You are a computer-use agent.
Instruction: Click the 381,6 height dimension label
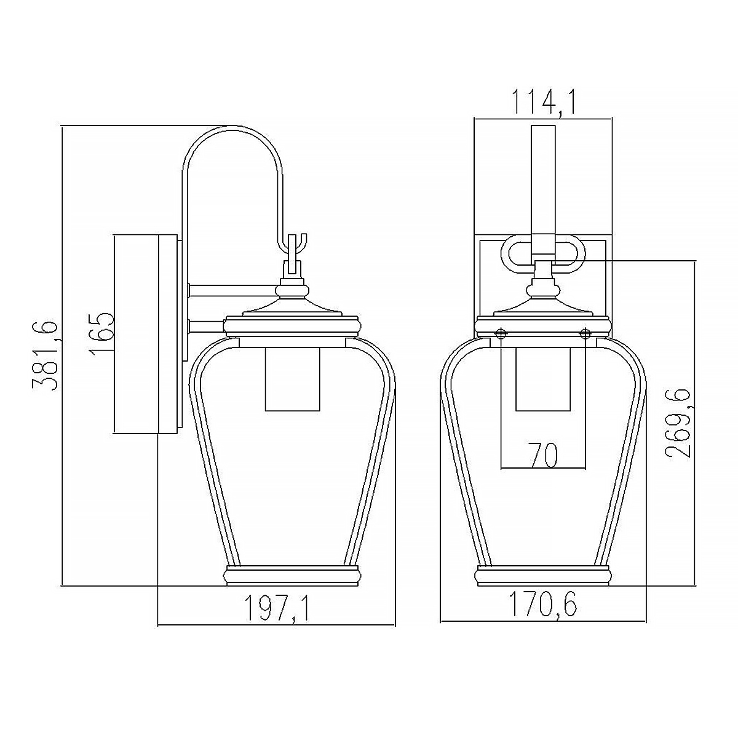tap(45, 356)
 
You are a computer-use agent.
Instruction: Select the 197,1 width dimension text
tap(276, 608)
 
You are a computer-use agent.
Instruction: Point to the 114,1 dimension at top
tap(543, 102)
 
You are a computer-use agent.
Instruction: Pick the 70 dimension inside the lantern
tap(543, 455)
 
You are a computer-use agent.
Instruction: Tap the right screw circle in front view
tap(585, 334)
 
